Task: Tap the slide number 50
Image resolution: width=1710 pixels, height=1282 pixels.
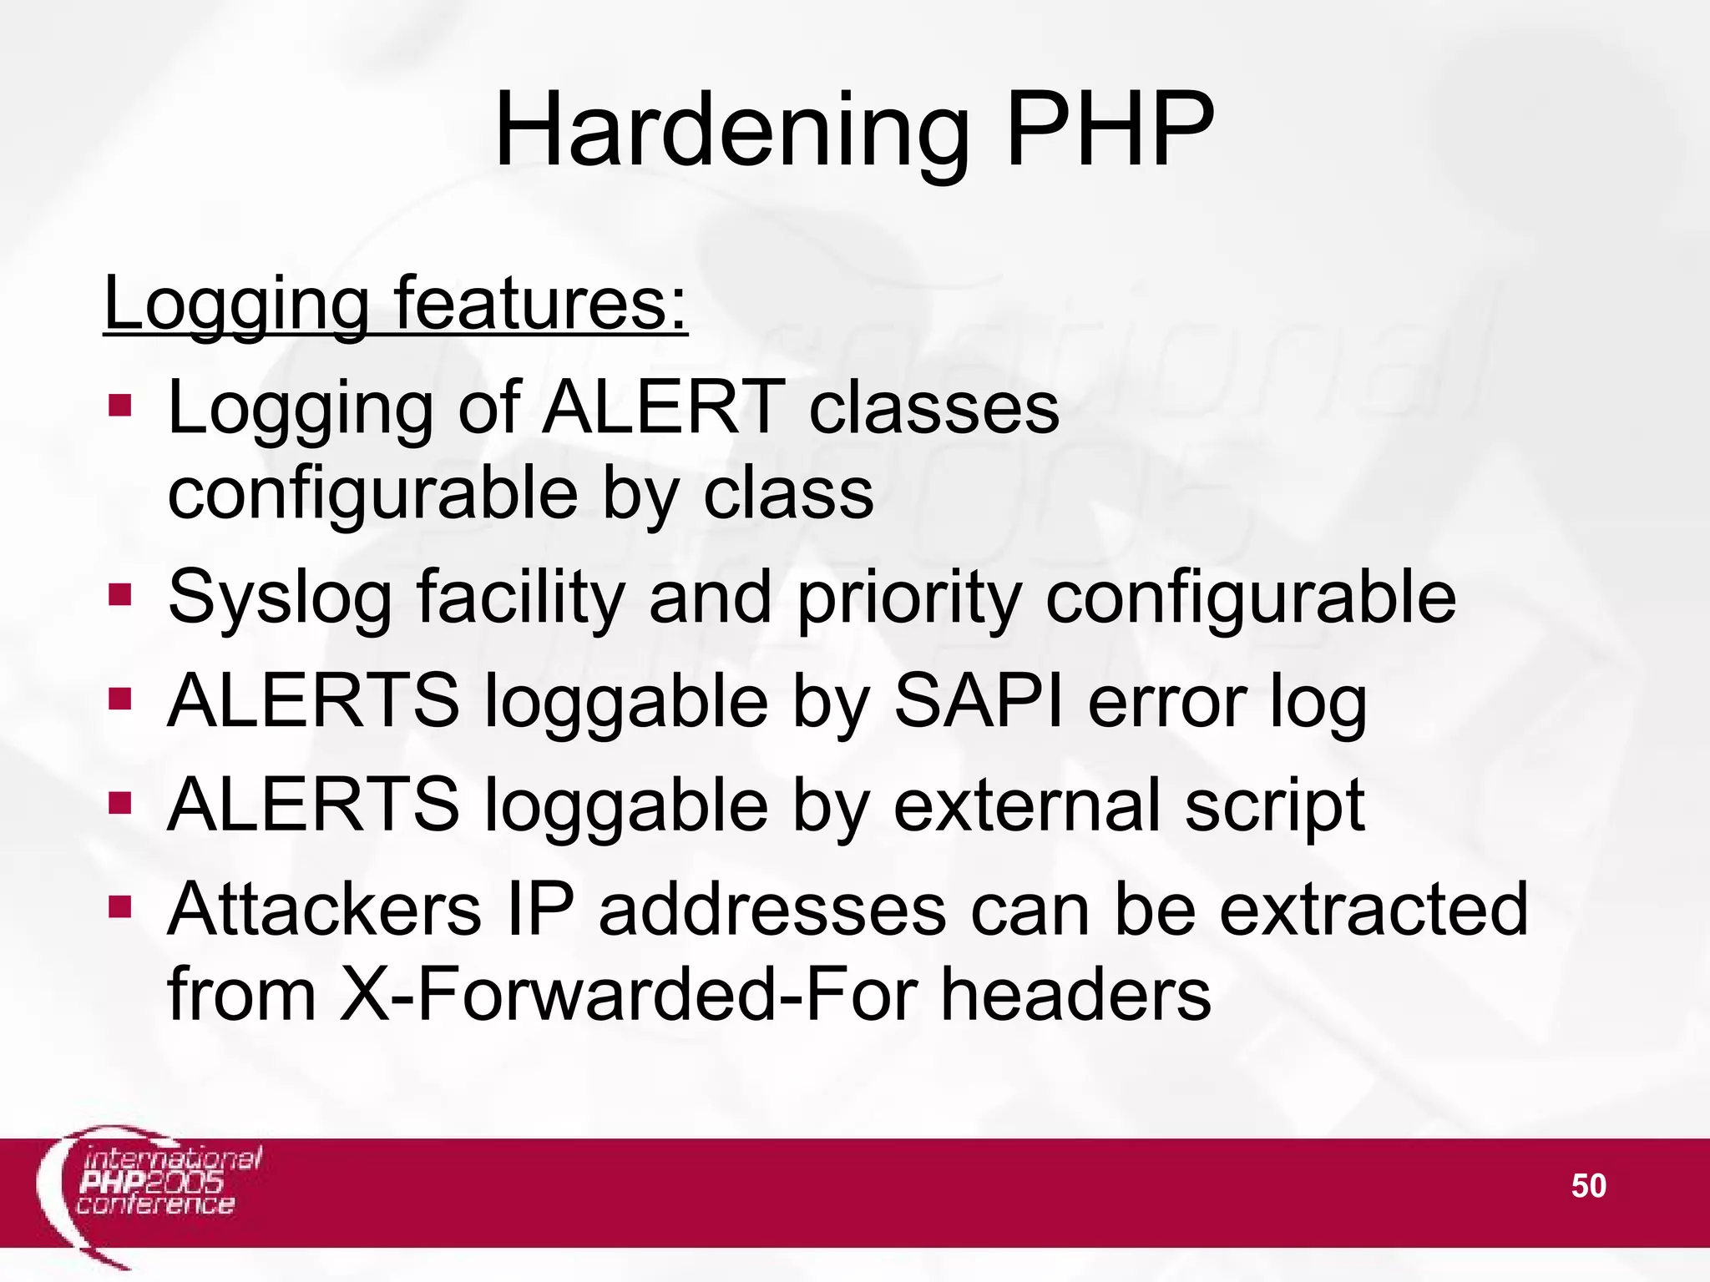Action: click(1588, 1186)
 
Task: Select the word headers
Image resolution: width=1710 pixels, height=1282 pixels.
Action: click(1076, 995)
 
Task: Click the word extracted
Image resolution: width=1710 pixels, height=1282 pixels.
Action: click(1373, 910)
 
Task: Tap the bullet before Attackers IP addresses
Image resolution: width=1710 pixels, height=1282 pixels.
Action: click(120, 906)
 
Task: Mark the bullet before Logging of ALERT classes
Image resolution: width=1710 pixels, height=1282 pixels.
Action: click(120, 406)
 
